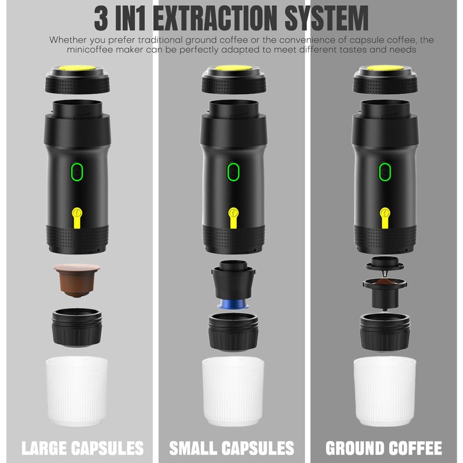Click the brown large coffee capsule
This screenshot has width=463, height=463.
pyautogui.click(x=77, y=280)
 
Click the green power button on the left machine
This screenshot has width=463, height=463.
pyautogui.click(x=77, y=171)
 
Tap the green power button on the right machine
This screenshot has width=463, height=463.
pyautogui.click(x=385, y=171)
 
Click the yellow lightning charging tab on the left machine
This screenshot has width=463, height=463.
pyautogui.click(x=77, y=218)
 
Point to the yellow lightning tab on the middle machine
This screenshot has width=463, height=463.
pyautogui.click(x=233, y=218)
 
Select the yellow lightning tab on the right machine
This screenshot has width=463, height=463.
pyautogui.click(x=385, y=218)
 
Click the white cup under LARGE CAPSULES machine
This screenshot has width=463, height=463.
pyautogui.click(x=77, y=391)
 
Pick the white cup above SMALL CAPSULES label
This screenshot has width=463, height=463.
pyautogui.click(x=233, y=391)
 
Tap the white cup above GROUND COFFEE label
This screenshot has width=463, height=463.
pyautogui.click(x=385, y=391)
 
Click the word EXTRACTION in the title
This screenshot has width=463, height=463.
pyautogui.click(x=215, y=19)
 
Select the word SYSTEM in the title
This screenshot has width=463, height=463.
pyautogui.click(x=326, y=19)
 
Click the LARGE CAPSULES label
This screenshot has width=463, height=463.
pyautogui.click(x=82, y=448)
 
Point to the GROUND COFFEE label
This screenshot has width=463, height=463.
pyautogui.click(x=384, y=448)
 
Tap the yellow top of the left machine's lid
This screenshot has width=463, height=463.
pyautogui.click(x=78, y=68)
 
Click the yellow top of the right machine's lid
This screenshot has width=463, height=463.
pyautogui.click(x=385, y=68)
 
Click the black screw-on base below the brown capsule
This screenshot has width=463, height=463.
pyautogui.click(x=77, y=328)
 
